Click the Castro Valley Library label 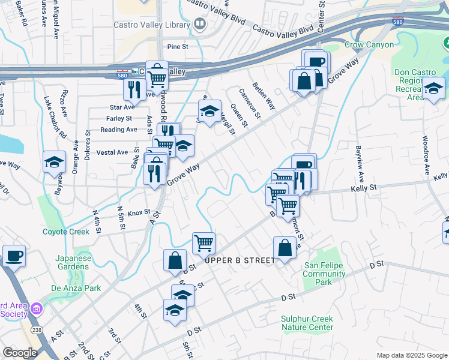click(154, 25)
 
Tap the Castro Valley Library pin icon click(200, 25)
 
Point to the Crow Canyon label click(369, 45)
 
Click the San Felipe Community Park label click(324, 278)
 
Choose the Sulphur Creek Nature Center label click(307, 323)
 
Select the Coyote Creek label click(65, 232)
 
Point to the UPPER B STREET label click(240, 260)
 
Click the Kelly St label click(363, 188)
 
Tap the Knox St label click(138, 212)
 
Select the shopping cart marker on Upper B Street click(204, 242)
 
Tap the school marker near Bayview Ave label click(433, 89)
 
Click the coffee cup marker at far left click(14, 256)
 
